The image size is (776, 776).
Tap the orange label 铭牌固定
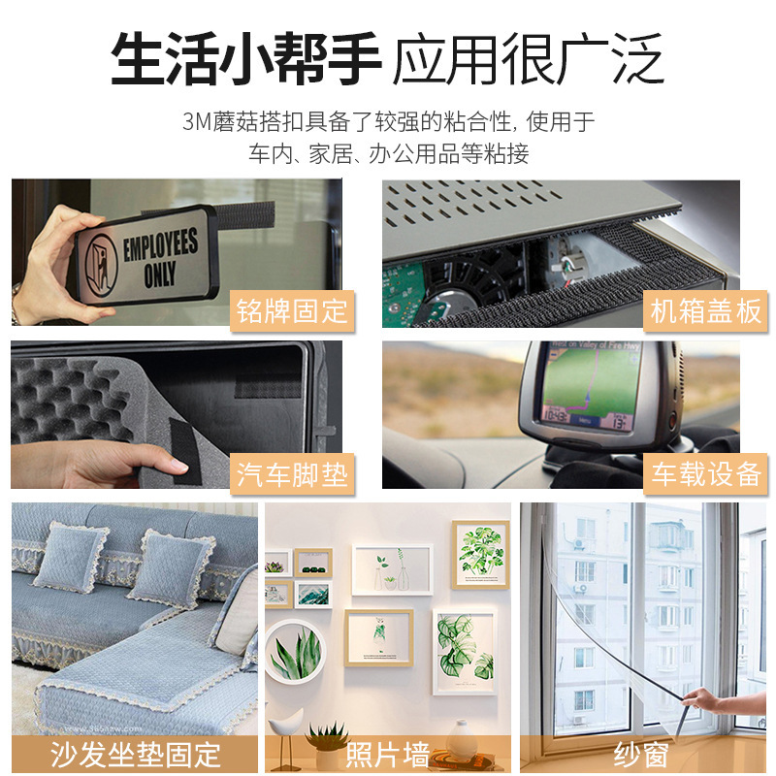click(291, 311)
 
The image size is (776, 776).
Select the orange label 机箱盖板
click(705, 311)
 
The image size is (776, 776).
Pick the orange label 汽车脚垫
click(291, 474)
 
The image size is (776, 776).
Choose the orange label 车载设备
click(705, 474)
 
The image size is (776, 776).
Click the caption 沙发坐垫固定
click(136, 754)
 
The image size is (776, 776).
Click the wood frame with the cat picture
click(378, 636)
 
